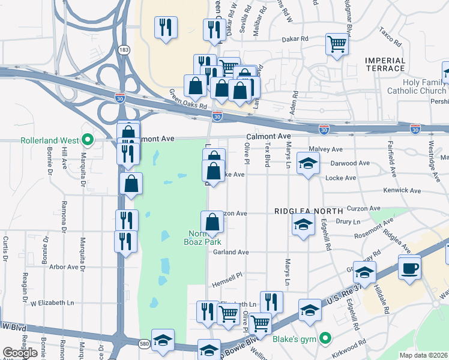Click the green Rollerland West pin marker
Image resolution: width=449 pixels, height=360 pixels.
(88, 140)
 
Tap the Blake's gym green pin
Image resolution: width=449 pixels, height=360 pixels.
(325, 339)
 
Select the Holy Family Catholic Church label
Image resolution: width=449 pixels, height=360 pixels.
(416, 86)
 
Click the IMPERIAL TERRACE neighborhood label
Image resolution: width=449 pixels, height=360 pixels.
(385, 64)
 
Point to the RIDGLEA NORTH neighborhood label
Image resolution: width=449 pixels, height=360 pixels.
(309, 211)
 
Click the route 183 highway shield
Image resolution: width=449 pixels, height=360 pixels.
(124, 50)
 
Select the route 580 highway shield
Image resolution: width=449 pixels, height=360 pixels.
(124, 343)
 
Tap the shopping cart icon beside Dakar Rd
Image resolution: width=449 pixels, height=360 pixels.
(337, 44)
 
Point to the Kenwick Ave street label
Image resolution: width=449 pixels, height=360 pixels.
(402, 190)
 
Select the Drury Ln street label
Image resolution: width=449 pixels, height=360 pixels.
(348, 222)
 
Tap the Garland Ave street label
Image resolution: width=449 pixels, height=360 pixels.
(231, 253)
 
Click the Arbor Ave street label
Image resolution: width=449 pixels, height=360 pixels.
(64, 266)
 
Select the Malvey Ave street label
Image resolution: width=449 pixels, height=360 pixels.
(325, 149)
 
